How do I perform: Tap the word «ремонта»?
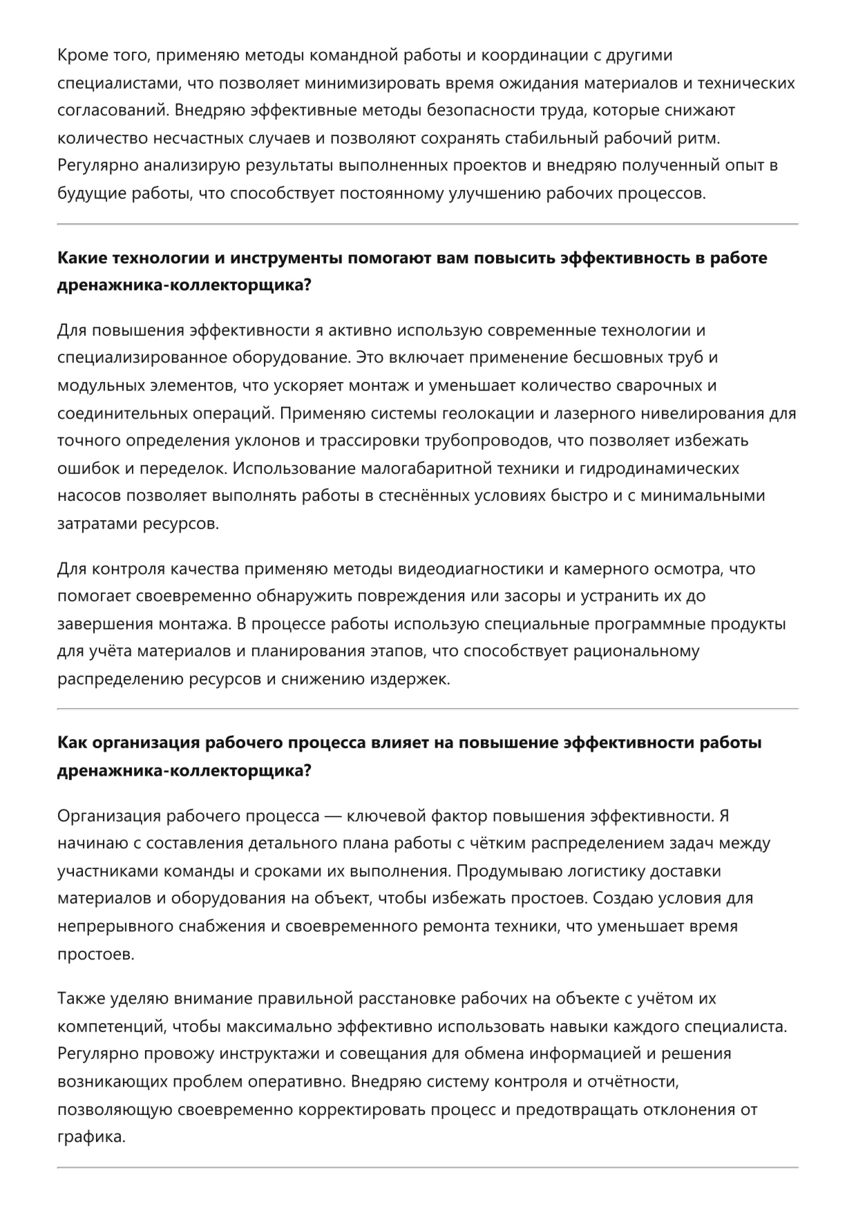(x=461, y=926)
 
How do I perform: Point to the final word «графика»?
(x=91, y=1136)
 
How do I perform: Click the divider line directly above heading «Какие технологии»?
(x=428, y=225)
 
